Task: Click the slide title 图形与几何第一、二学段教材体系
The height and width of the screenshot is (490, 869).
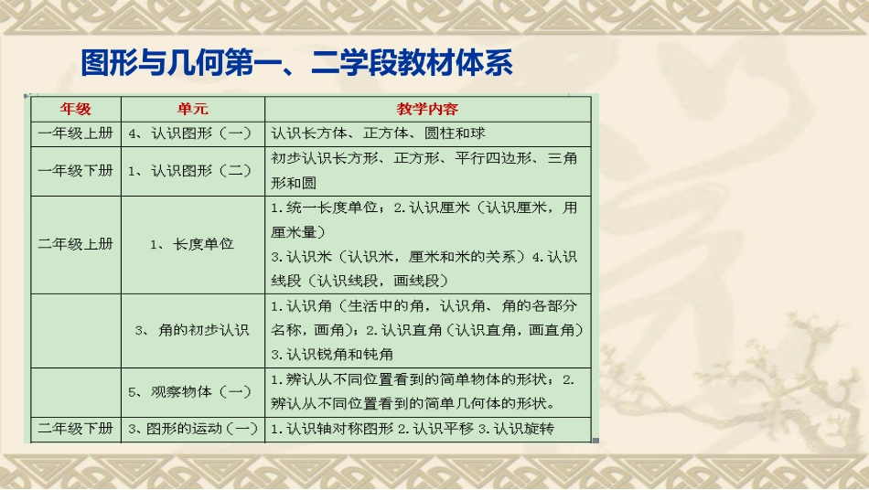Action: [x=296, y=64]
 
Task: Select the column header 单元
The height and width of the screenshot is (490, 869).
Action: [x=192, y=109]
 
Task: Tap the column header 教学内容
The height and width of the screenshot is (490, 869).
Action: [x=427, y=109]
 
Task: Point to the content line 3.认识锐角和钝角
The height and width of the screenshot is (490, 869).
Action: [x=333, y=354]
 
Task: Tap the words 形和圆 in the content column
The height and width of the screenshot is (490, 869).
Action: [x=294, y=183]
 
